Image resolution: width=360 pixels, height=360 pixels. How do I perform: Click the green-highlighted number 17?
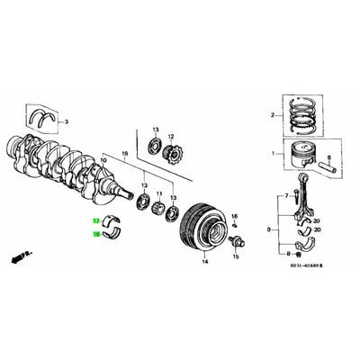(x=95, y=220)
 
